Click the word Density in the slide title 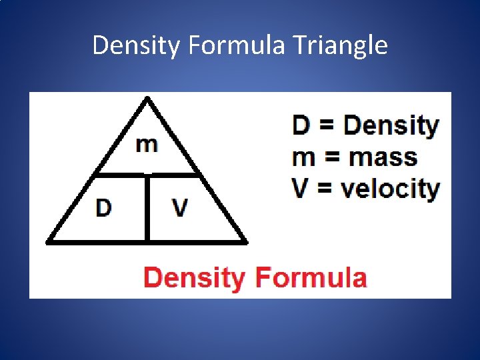(138, 46)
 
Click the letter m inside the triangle (147, 144)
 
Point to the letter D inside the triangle (103, 208)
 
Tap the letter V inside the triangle (179, 208)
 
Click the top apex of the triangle (147, 99)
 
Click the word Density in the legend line (391, 126)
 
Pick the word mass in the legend (383, 157)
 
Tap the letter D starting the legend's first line (301, 125)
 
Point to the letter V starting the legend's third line (301, 189)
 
